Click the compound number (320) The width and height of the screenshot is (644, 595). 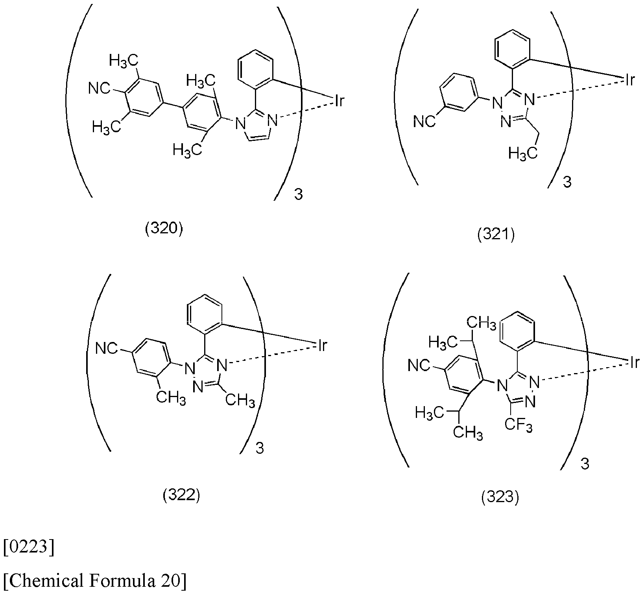tap(164, 229)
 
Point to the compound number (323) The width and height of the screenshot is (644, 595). tap(500, 498)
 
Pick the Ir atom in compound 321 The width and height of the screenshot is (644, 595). tap(630, 80)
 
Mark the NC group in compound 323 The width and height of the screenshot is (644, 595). tap(419, 366)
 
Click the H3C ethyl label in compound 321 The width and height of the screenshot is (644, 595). tap(523, 153)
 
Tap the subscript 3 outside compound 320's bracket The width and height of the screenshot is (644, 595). tap(299, 195)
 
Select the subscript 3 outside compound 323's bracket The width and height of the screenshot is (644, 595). tap(585, 464)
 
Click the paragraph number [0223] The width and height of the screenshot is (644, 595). tap(28, 548)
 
